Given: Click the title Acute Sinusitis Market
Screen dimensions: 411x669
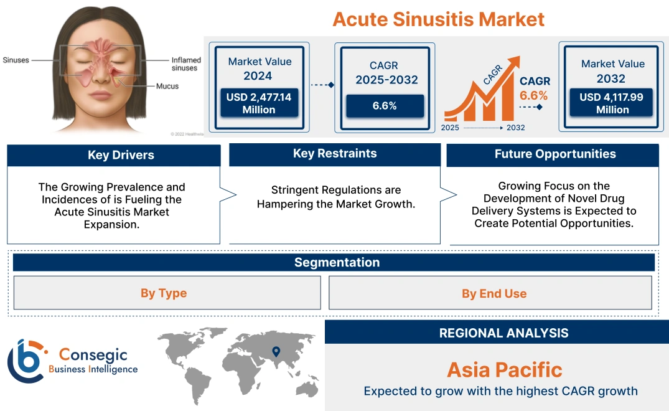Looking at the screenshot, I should [438, 19].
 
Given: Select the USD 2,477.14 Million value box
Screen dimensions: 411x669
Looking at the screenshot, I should [258, 103].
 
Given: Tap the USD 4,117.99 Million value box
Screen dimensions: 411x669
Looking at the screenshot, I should [612, 103].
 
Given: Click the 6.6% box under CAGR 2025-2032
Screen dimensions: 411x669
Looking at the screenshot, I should [385, 106].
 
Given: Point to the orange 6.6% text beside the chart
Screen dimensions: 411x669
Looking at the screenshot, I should [533, 95].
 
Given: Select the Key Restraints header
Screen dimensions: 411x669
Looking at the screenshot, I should [335, 154].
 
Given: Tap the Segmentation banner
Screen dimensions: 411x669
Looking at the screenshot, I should [337, 262].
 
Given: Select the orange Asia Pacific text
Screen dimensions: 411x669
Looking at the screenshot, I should [504, 370].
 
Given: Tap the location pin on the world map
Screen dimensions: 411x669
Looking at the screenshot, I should [276, 352].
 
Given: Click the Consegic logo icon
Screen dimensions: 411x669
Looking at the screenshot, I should [26, 360].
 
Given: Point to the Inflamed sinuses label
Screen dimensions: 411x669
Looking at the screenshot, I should [186, 64].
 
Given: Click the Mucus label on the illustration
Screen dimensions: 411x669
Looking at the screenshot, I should [167, 86].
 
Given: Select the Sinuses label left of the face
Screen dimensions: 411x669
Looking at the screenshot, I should [16, 60].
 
